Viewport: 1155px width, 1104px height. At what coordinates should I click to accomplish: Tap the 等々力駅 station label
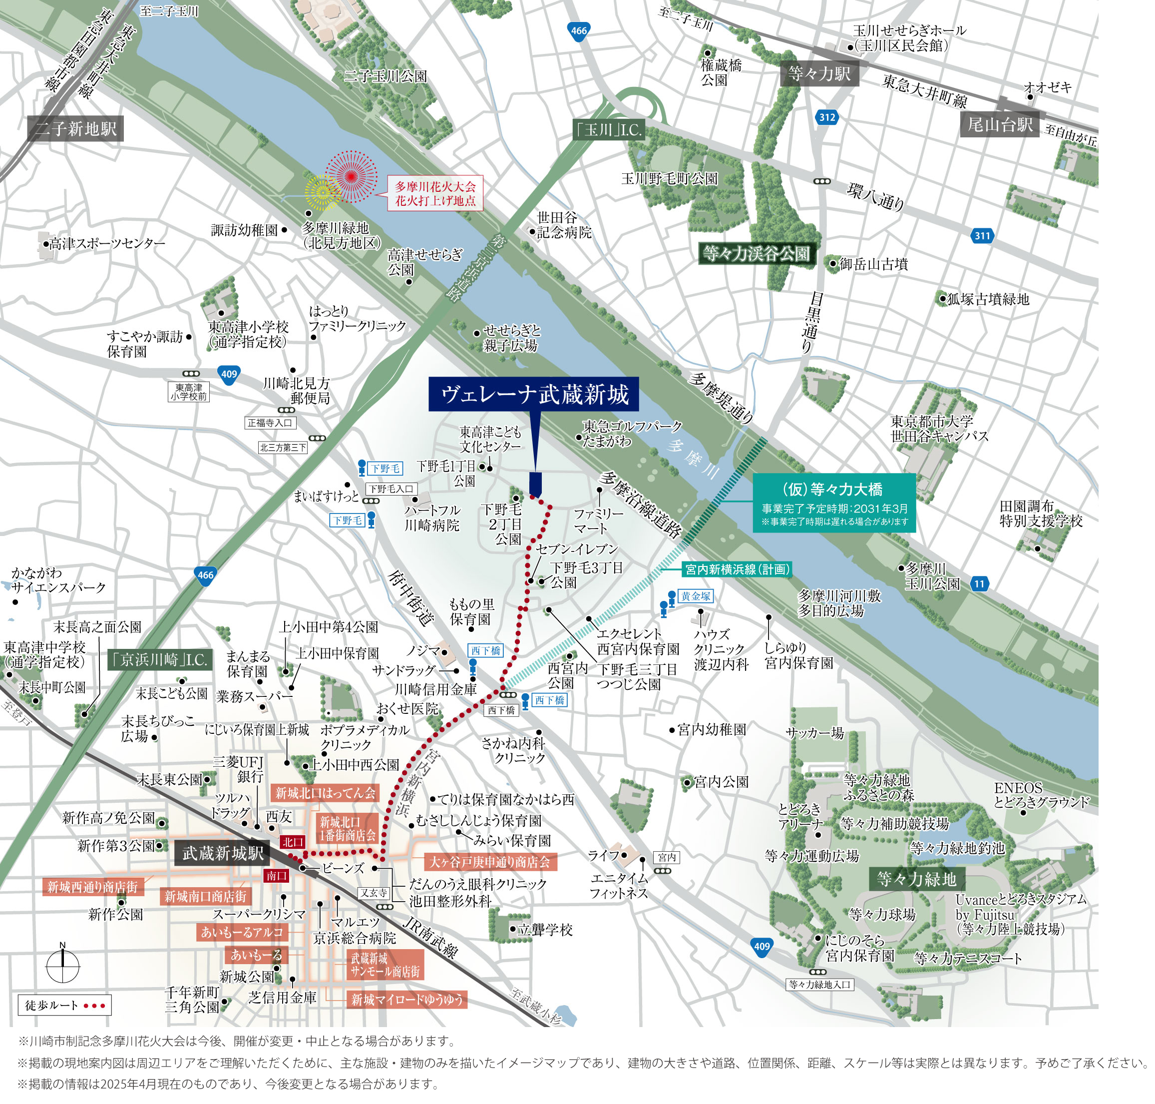[819, 73]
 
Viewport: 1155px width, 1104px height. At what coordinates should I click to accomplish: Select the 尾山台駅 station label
[1000, 124]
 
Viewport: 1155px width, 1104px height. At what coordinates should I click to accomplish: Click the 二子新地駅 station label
[75, 128]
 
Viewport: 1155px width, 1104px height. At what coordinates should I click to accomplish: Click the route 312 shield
[827, 117]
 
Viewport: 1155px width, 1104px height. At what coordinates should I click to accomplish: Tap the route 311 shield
[982, 236]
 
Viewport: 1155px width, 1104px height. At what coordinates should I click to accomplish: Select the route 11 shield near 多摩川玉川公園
[979, 584]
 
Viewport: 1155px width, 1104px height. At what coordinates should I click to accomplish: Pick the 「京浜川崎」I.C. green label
[159, 660]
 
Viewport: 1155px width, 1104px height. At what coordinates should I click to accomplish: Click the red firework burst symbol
[351, 176]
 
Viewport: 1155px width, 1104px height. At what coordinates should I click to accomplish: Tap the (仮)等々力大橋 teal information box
[834, 503]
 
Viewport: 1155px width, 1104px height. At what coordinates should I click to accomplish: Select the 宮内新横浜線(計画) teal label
[736, 569]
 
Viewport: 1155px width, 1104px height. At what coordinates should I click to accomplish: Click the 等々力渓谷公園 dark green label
[757, 254]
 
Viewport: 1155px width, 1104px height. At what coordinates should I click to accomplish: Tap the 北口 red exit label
[293, 842]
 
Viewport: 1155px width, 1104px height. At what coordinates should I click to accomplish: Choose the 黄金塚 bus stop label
[696, 596]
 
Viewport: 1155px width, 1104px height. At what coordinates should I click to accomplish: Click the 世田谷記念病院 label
[563, 225]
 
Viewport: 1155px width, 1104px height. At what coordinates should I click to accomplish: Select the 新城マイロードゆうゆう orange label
[406, 999]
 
